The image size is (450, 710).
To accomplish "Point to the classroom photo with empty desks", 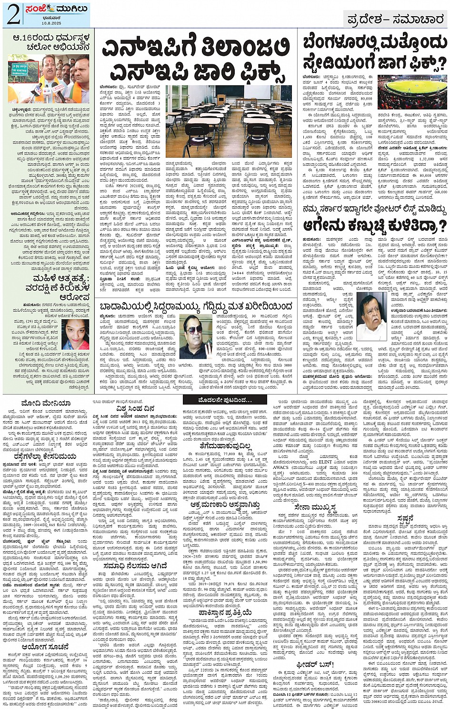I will pyautogui.click(x=228, y=121).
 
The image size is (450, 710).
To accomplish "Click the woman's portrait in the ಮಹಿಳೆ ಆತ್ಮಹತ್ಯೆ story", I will pyautogui.click(x=74, y=333).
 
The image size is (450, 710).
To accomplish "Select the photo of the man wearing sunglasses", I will pyautogui.click(x=195, y=336).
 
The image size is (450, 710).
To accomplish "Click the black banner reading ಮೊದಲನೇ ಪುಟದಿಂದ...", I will pyautogui.click(x=222, y=400).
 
